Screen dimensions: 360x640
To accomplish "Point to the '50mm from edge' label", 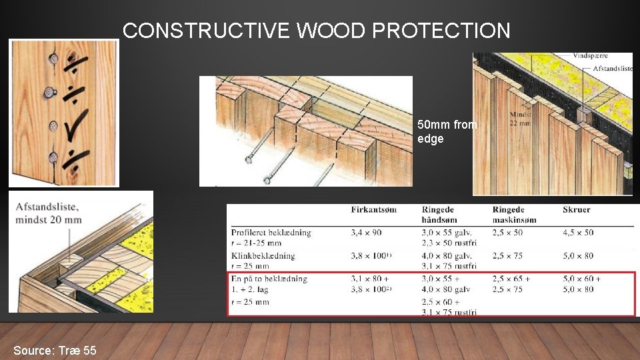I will point(447,131).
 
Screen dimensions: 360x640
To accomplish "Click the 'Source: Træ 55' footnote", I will point(55,350).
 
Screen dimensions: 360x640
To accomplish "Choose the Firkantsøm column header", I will point(373,209).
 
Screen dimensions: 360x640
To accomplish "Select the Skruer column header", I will point(577,209).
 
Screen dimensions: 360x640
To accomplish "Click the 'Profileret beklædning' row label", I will point(271,233).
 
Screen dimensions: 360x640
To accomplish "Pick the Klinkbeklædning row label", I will point(263,256).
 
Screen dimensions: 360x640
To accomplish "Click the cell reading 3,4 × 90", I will point(366,233).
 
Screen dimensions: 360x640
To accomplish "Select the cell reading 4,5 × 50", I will point(578,233).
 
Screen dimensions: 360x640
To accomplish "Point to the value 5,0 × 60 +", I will point(581,279).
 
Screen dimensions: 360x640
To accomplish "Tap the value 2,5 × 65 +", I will point(511,279).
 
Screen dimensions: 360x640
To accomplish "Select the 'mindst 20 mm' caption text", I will point(49,219).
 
